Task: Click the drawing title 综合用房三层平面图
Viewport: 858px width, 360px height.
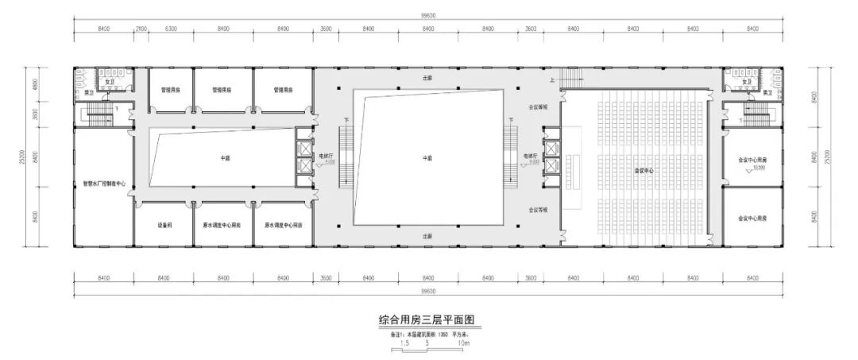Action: click(429, 320)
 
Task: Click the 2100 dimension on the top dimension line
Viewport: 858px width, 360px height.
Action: click(141, 29)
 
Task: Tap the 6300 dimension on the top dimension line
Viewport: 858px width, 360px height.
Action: click(171, 29)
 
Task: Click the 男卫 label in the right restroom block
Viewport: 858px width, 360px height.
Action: click(767, 94)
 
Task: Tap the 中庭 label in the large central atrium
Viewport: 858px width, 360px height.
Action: click(427, 157)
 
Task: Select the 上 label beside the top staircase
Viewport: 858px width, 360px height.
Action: click(551, 80)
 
